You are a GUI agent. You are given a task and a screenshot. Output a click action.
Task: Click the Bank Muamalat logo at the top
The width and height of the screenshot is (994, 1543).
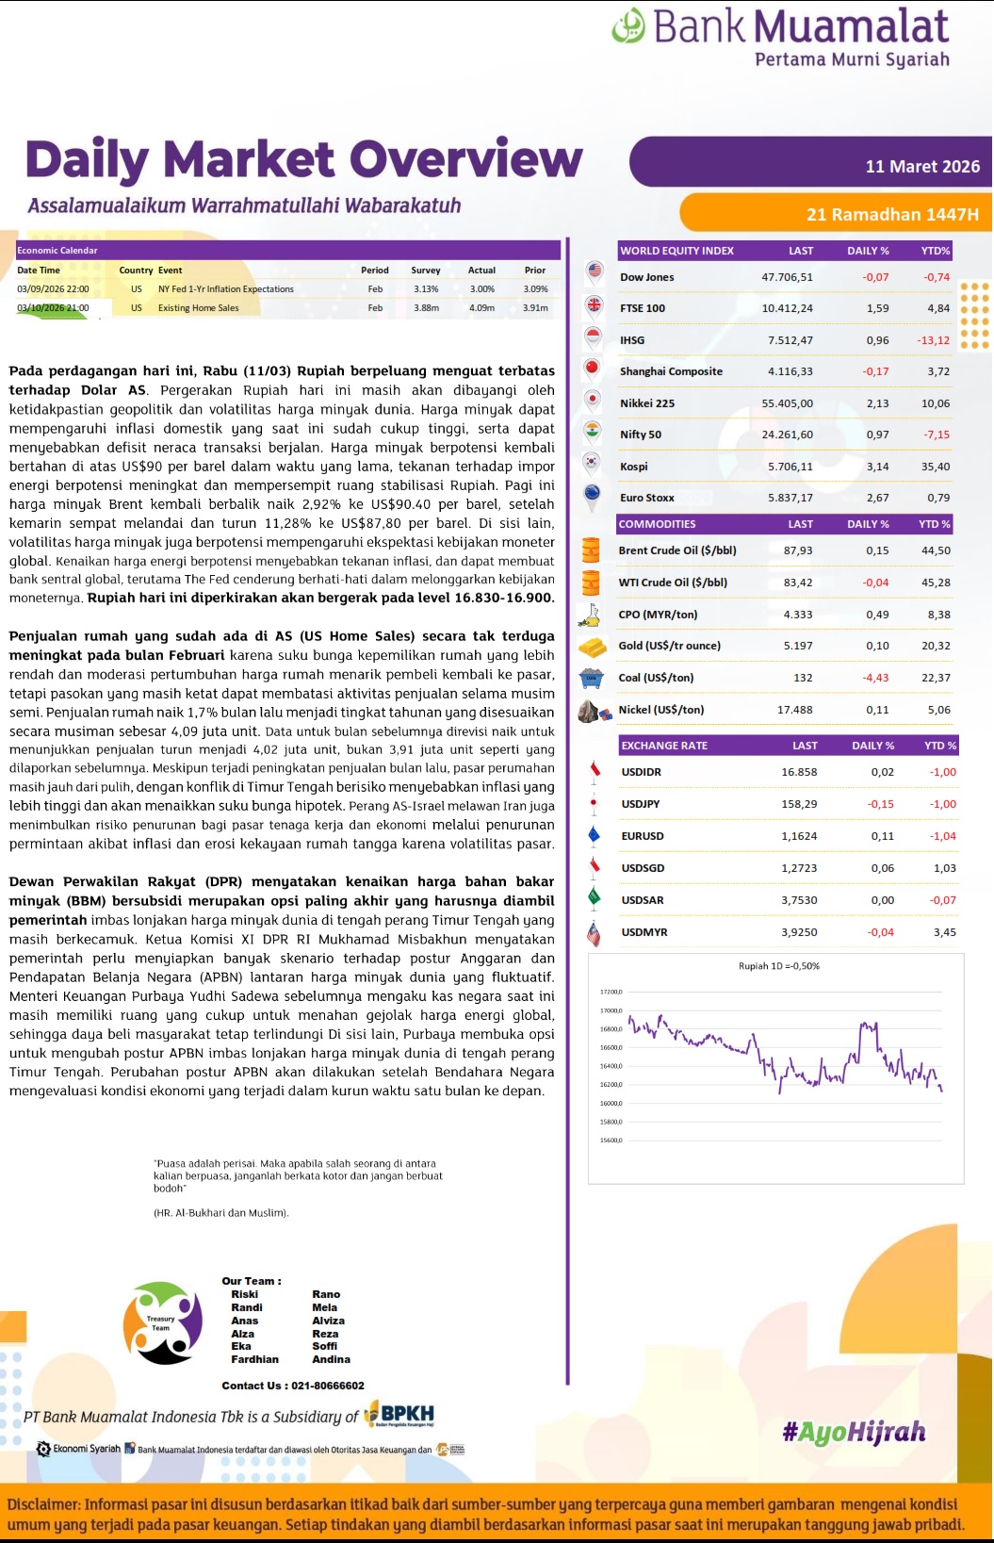[780, 36]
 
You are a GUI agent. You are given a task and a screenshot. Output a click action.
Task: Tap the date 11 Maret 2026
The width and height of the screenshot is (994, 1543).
[921, 167]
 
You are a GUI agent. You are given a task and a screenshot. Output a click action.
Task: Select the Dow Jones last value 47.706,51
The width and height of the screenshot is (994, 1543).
[787, 277]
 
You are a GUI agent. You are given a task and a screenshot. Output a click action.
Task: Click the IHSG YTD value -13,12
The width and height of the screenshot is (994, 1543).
[933, 340]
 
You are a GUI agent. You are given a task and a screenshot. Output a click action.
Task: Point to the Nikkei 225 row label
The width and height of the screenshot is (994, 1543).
[646, 403]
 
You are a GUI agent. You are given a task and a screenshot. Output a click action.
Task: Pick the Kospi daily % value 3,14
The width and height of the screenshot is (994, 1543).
[877, 467]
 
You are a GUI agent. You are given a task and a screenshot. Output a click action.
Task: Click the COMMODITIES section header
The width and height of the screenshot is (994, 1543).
[657, 524]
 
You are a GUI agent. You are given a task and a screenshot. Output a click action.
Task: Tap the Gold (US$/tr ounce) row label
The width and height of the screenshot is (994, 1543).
[669, 646]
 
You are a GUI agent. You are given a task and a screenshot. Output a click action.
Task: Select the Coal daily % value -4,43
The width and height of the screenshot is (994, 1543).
[875, 678]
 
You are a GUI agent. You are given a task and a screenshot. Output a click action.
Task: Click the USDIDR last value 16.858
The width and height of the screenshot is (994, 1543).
[799, 772]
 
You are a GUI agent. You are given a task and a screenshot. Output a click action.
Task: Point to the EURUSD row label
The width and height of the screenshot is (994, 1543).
[642, 836]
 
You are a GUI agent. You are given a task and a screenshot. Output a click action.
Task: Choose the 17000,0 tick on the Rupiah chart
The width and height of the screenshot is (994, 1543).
[611, 1010]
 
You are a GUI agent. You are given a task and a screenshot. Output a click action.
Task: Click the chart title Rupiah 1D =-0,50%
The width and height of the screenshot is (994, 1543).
[778, 966]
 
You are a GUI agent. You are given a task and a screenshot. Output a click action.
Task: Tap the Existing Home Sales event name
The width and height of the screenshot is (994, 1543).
[198, 308]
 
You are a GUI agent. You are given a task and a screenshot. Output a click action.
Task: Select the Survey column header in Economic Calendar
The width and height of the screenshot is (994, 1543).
[425, 271]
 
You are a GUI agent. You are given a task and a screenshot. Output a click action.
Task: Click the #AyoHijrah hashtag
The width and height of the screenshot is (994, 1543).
[854, 1433]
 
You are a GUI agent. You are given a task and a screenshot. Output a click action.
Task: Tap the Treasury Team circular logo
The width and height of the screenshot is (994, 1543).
[163, 1323]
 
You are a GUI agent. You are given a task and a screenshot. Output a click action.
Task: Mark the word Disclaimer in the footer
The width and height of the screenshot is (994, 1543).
[43, 1504]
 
